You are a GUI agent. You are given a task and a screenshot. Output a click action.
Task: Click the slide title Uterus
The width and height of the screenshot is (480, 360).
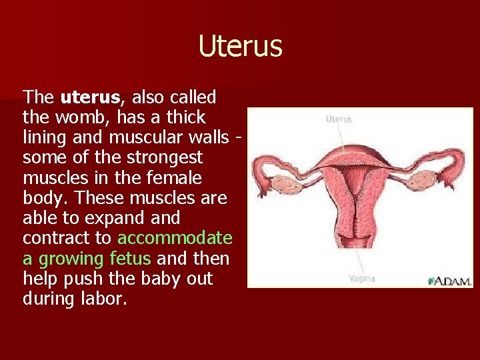[x=240, y=47]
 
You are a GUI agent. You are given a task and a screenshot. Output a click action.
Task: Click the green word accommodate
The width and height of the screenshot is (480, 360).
[x=175, y=238]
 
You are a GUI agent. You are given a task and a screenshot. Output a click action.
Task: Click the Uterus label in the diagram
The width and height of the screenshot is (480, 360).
[x=339, y=119]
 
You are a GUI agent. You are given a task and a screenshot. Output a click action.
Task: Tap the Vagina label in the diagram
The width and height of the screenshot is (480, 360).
[x=361, y=278]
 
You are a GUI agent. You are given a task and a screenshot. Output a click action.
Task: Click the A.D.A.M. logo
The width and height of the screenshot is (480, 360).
[x=450, y=281]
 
